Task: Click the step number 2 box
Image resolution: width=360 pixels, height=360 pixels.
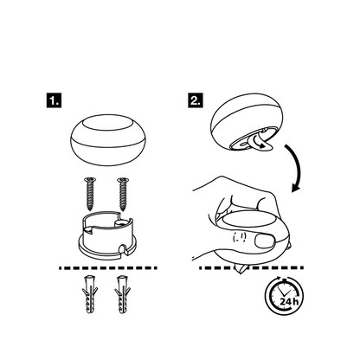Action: coord(195,100)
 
